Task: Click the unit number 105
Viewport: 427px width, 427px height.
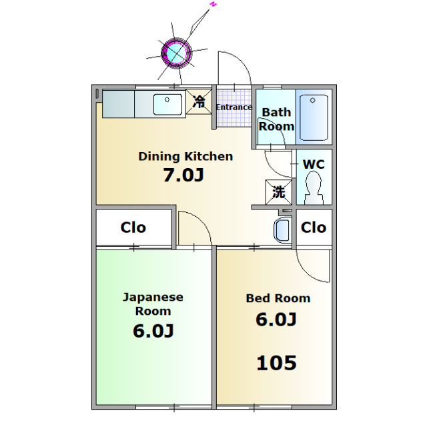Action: click(276, 363)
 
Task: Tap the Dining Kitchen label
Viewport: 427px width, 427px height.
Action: click(185, 157)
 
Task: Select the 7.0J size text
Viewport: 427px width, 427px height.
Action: click(183, 175)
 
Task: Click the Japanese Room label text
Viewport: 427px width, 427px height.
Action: click(153, 304)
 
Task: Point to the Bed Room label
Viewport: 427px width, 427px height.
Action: click(278, 298)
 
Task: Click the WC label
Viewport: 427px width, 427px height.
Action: click(314, 165)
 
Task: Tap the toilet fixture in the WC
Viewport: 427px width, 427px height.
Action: click(314, 188)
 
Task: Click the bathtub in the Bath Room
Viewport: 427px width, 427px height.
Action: click(314, 117)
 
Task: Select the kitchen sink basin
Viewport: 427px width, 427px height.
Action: click(167, 104)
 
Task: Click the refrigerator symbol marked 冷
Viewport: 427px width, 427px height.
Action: click(199, 101)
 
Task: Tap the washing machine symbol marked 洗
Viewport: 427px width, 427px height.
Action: click(279, 192)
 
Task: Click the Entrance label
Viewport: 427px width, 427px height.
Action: click(234, 107)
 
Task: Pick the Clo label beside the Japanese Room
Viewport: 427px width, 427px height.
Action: click(133, 228)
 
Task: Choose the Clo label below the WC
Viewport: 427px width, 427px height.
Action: click(314, 228)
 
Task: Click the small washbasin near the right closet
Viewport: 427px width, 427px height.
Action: click(283, 231)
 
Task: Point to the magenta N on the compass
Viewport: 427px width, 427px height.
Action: click(213, 5)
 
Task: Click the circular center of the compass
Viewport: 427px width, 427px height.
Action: click(176, 53)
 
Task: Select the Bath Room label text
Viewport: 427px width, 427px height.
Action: click(276, 119)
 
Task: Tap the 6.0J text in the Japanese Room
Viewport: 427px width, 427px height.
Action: click(153, 331)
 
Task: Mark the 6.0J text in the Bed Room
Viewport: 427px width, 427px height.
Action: click(276, 320)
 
